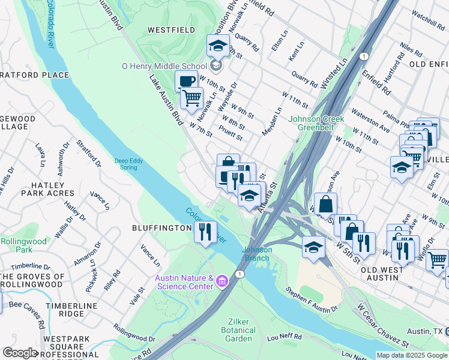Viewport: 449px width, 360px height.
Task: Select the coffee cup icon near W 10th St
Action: [x=186, y=81]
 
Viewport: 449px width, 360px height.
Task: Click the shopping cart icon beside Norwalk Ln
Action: [x=192, y=97]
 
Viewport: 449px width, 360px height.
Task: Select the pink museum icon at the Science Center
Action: [x=222, y=281]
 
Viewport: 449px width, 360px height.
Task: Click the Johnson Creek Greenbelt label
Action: [x=316, y=123]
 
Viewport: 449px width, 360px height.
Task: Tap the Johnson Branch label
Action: [x=258, y=254]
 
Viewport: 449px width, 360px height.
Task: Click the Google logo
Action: [x=20, y=353]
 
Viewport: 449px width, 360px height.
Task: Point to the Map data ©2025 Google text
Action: [x=412, y=355]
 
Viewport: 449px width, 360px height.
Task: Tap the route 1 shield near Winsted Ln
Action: [x=363, y=56]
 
